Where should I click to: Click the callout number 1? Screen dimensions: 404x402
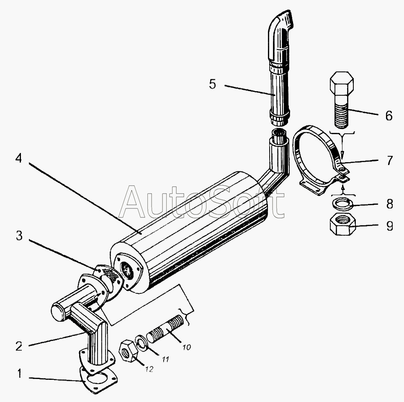click(x=18, y=373)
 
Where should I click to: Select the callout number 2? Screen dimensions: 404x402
click(x=18, y=346)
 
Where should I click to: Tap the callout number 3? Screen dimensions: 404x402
click(x=19, y=236)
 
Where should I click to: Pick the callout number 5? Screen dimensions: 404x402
click(x=213, y=84)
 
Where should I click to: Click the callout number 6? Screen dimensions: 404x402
click(x=389, y=115)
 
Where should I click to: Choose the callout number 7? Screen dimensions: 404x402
click(x=389, y=160)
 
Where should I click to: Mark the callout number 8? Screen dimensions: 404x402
click(x=389, y=204)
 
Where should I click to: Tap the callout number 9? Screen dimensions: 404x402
click(x=389, y=226)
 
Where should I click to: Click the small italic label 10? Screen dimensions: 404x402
click(x=186, y=346)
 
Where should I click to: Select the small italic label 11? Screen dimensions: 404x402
click(x=166, y=359)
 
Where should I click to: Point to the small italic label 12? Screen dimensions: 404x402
click(x=149, y=369)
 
